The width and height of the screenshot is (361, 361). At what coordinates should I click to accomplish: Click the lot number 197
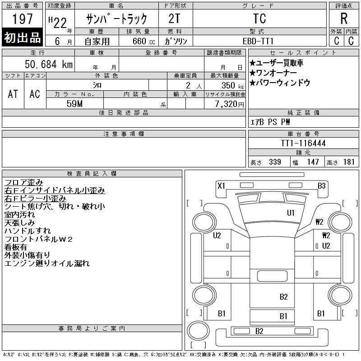(22, 19)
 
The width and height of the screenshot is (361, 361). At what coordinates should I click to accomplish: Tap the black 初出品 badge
(22, 37)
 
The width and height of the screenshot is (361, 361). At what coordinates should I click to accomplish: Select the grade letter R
(344, 19)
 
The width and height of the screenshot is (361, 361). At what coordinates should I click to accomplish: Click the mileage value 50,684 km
(49, 64)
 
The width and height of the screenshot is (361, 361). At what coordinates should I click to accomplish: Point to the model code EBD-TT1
(258, 41)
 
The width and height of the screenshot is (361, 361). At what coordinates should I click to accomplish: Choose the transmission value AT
(13, 94)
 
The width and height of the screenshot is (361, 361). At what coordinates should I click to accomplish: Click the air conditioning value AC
(35, 94)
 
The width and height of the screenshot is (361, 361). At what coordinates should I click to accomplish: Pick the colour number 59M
(74, 104)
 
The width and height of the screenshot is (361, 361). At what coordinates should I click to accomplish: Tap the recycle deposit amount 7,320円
(230, 104)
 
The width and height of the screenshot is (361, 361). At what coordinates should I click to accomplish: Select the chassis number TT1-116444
(303, 143)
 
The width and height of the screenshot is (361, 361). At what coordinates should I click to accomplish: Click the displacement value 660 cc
(144, 42)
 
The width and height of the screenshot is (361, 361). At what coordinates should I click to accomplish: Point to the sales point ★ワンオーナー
(273, 73)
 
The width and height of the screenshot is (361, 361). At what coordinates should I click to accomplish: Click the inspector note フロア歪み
(24, 182)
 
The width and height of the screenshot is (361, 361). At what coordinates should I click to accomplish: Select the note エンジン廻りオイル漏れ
(47, 264)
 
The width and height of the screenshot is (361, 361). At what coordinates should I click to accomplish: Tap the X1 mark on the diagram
(221, 186)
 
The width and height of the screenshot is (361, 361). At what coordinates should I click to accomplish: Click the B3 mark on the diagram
(322, 186)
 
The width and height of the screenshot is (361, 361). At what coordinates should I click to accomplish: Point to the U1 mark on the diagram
(291, 213)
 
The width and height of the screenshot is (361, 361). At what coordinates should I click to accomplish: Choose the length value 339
(275, 162)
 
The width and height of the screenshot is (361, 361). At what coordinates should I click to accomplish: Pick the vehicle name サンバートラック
(116, 19)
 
